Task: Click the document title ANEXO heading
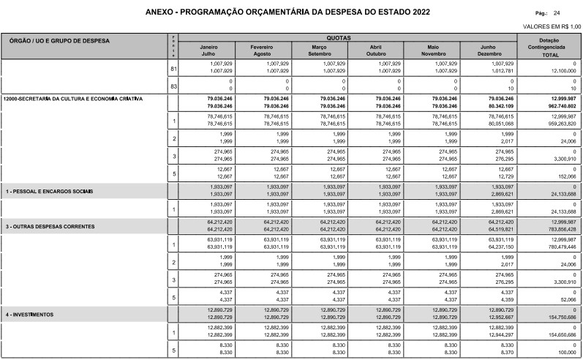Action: click(x=287, y=12)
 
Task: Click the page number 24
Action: click(x=557, y=13)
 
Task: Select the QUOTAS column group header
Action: click(x=338, y=37)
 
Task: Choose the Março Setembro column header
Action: click(x=320, y=50)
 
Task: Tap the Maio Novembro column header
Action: click(x=435, y=50)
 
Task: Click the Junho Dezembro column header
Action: click(x=491, y=50)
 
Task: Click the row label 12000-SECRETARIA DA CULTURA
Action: click(x=73, y=98)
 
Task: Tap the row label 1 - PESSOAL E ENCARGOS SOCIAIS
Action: click(x=50, y=191)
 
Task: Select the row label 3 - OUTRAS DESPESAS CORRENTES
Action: click(x=50, y=227)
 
